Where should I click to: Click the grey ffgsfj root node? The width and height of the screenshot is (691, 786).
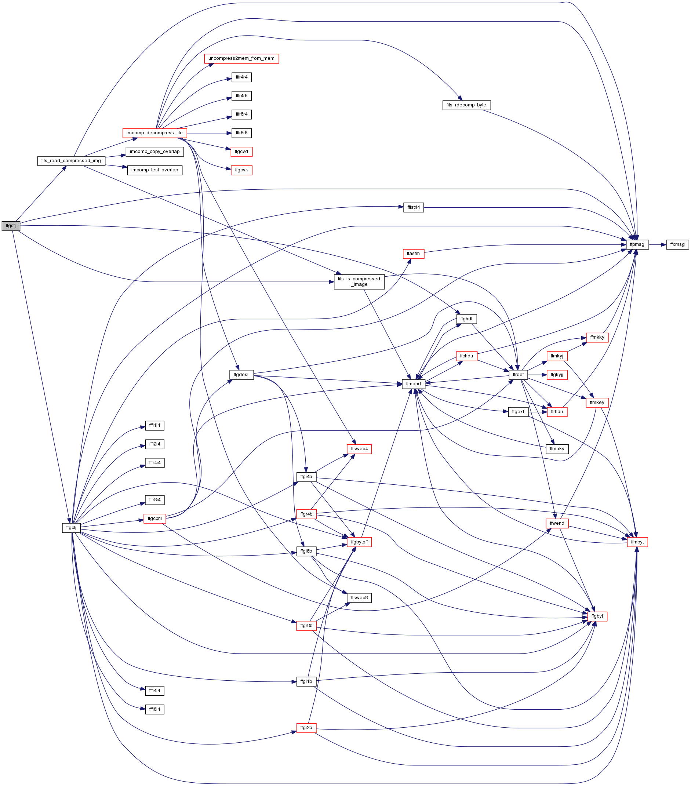[x=11, y=226]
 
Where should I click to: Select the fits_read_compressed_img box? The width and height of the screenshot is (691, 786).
[x=71, y=161]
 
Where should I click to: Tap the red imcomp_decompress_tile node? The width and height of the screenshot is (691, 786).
[x=154, y=133]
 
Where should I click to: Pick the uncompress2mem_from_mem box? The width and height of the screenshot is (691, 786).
[x=241, y=58]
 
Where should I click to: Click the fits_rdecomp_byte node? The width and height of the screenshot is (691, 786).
[x=466, y=105]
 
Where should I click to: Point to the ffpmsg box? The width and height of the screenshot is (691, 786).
[x=637, y=244]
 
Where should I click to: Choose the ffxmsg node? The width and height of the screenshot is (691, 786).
[x=677, y=244]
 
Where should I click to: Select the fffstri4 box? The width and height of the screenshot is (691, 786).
[x=414, y=207]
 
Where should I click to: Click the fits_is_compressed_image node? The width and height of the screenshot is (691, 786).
[x=359, y=281]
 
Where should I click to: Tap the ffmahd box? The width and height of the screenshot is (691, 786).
[x=414, y=384]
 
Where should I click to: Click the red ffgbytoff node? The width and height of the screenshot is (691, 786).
[x=360, y=542]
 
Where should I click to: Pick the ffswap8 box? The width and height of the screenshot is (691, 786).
[x=360, y=598]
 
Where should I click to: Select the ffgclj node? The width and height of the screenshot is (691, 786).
[x=72, y=528]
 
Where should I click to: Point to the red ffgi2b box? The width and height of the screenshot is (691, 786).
[x=306, y=728]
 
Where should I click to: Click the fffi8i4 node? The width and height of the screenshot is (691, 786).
[x=155, y=709]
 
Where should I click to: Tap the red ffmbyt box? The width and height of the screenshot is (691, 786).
[x=637, y=542]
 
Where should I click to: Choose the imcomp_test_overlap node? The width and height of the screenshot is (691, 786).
[x=154, y=170]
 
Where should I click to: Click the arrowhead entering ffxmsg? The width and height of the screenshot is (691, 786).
[x=664, y=244]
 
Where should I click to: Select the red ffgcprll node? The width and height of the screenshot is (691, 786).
[x=154, y=519]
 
